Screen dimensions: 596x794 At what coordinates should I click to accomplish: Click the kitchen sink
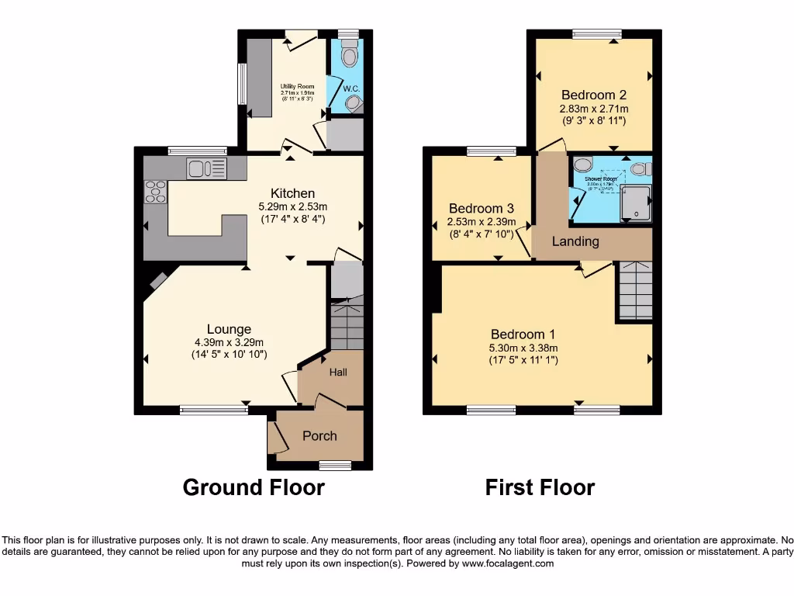pos(205,167)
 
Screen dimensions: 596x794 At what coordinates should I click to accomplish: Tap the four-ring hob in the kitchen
pos(155,191)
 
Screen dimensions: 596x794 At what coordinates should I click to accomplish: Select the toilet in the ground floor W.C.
pos(349,55)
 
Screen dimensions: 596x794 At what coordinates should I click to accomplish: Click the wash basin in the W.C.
pos(354,103)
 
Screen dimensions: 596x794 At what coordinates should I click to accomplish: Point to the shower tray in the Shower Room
pos(636,203)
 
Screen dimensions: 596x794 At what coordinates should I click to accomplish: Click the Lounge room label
pos(229,329)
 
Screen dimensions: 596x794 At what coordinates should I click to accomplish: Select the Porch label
pos(319,436)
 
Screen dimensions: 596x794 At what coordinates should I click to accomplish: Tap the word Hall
pos(338,372)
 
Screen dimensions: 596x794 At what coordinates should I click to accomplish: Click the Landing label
pos(575,241)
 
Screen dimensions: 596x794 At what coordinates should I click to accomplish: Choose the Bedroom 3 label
pos(481,208)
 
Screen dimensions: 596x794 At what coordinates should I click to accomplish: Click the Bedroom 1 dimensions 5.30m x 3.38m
pos(523,348)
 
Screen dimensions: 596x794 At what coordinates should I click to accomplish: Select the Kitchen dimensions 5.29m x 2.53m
pos(292,206)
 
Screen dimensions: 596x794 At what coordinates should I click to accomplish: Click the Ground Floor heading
pos(254,487)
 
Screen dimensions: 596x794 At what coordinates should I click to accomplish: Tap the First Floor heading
pos(540,487)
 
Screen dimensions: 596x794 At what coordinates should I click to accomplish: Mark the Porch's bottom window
pos(335,466)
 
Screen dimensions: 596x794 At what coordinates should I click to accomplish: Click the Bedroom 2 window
pos(597,33)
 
